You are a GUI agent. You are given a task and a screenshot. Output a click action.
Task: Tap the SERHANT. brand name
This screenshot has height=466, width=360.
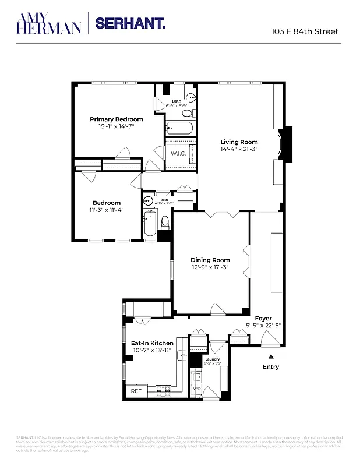[130, 23]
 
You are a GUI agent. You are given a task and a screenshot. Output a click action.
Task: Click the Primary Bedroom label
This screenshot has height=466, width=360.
[116, 119]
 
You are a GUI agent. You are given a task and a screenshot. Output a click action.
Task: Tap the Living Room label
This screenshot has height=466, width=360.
[239, 142]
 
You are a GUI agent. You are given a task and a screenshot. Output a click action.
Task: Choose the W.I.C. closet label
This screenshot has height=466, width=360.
[178, 153]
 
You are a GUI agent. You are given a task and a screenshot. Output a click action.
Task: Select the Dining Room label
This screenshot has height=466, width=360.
[210, 260]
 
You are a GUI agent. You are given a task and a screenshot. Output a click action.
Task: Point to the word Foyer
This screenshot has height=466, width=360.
[263, 318]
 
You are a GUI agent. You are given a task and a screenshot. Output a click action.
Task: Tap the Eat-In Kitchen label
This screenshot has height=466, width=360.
[151, 343]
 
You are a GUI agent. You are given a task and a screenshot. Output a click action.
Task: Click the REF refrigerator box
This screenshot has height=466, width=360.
[136, 391]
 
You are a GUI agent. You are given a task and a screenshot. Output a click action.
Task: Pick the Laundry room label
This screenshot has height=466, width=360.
[212, 360]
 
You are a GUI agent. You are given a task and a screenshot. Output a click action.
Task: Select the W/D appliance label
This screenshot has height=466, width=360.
[197, 389]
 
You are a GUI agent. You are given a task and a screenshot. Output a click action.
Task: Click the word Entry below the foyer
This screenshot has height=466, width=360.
[271, 367]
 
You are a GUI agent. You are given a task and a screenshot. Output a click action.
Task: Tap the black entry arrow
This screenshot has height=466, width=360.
[270, 354]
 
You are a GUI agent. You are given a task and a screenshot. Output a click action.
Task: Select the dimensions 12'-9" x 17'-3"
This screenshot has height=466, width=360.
[210, 267]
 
